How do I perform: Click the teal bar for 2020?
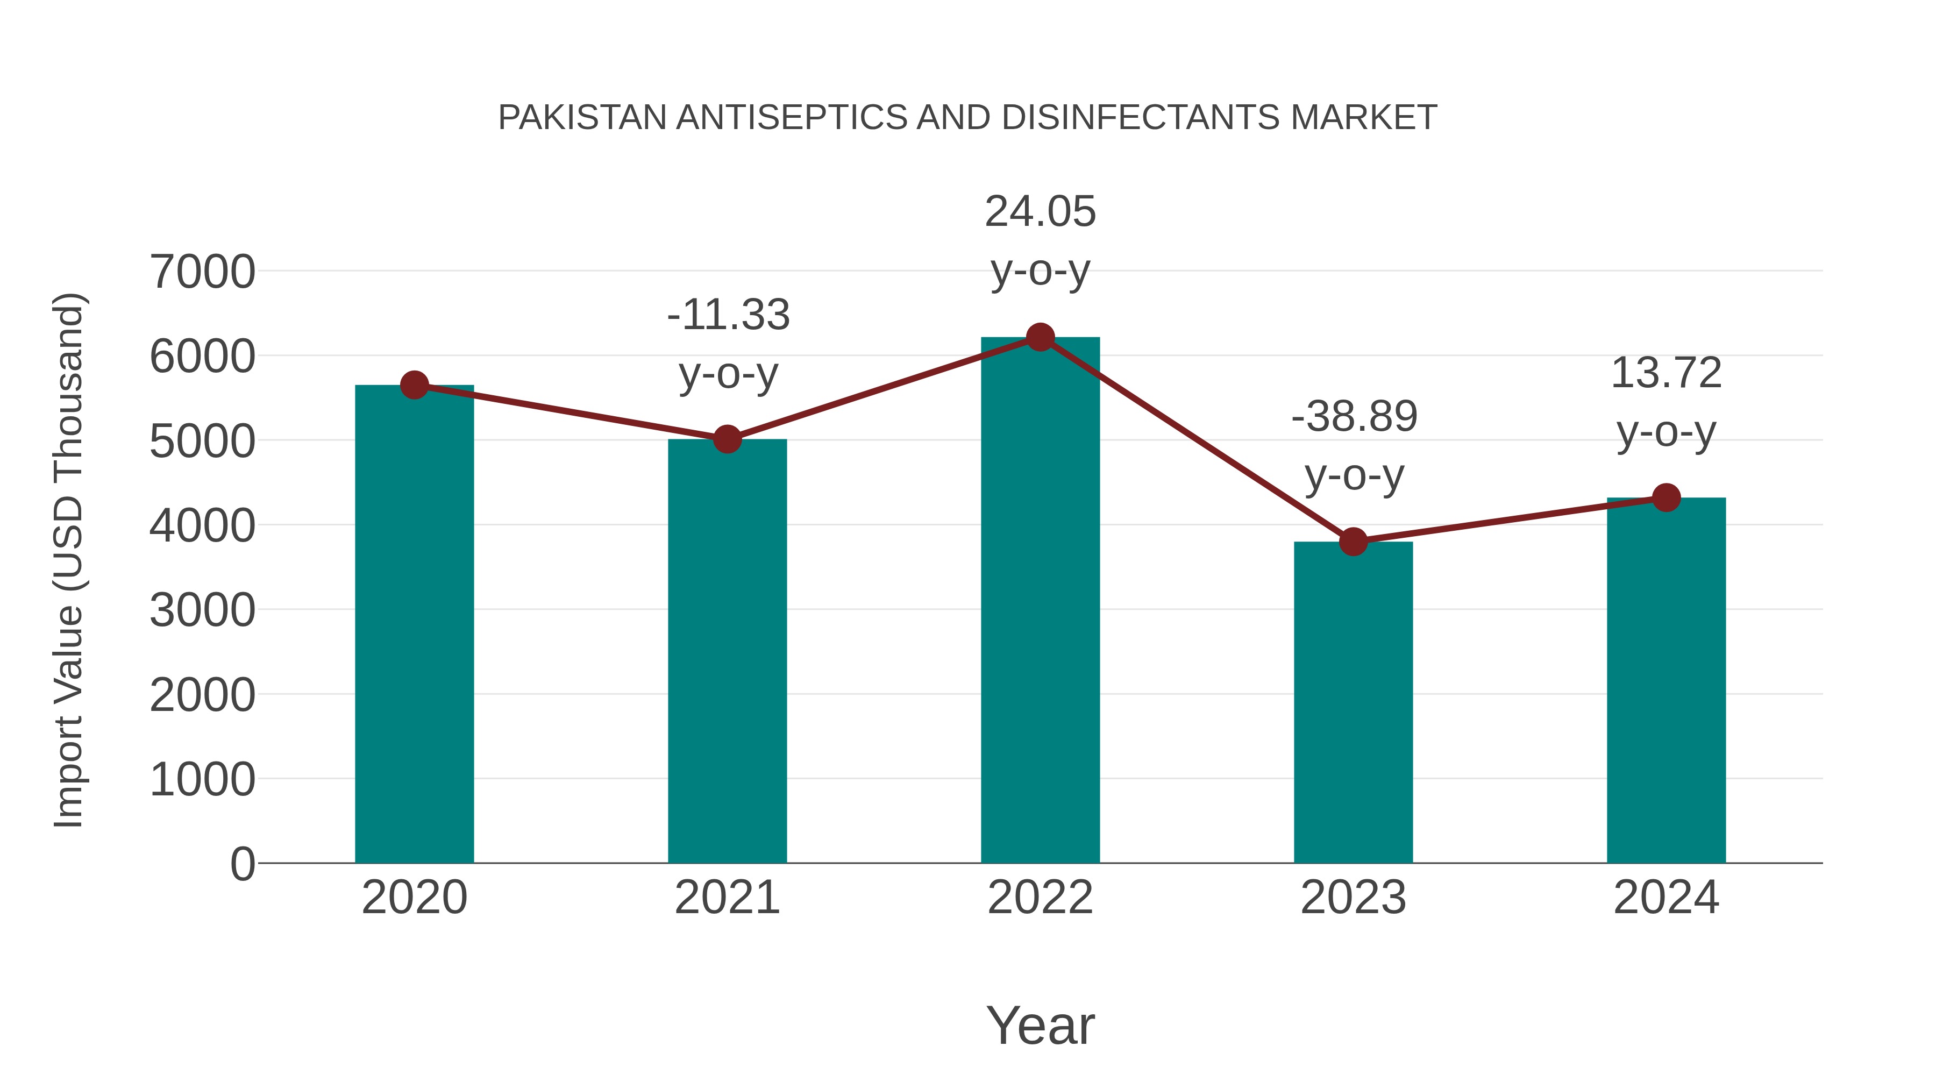pos(414,624)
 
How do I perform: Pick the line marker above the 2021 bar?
pos(728,439)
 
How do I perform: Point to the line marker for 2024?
pos(1666,497)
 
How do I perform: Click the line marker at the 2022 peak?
pos(1040,337)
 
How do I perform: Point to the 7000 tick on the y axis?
pos(202,272)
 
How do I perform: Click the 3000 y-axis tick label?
pos(202,610)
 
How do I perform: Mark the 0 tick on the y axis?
pos(243,864)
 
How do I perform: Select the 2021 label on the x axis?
pos(728,898)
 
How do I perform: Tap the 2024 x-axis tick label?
pos(1666,898)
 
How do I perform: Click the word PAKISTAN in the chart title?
pos(582,118)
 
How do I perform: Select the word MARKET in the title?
pos(1363,118)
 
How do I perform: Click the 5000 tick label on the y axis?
pos(202,441)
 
